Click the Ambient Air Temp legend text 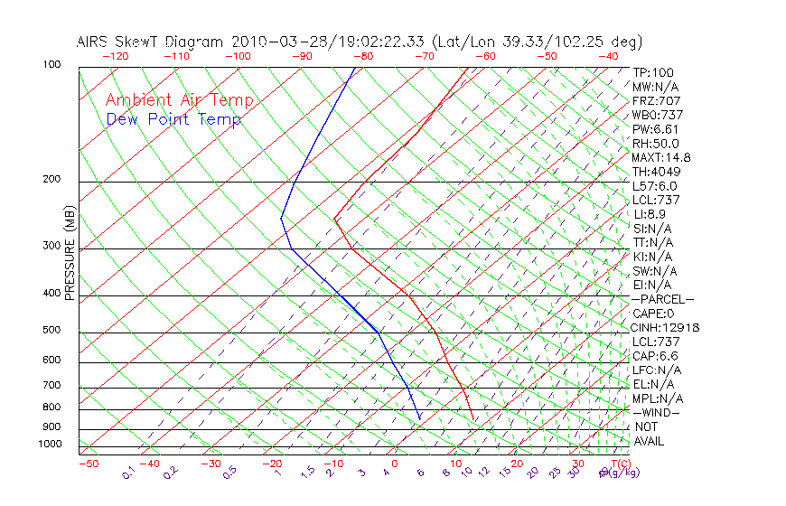[x=180, y=101]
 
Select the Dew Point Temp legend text [x=173, y=120]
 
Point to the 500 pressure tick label [x=51, y=331]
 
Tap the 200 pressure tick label [x=51, y=180]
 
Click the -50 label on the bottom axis [x=88, y=464]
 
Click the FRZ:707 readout [x=657, y=101]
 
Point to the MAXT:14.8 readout [x=661, y=158]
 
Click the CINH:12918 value [x=666, y=328]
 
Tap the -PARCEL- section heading [x=662, y=299]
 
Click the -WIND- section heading [x=656, y=413]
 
